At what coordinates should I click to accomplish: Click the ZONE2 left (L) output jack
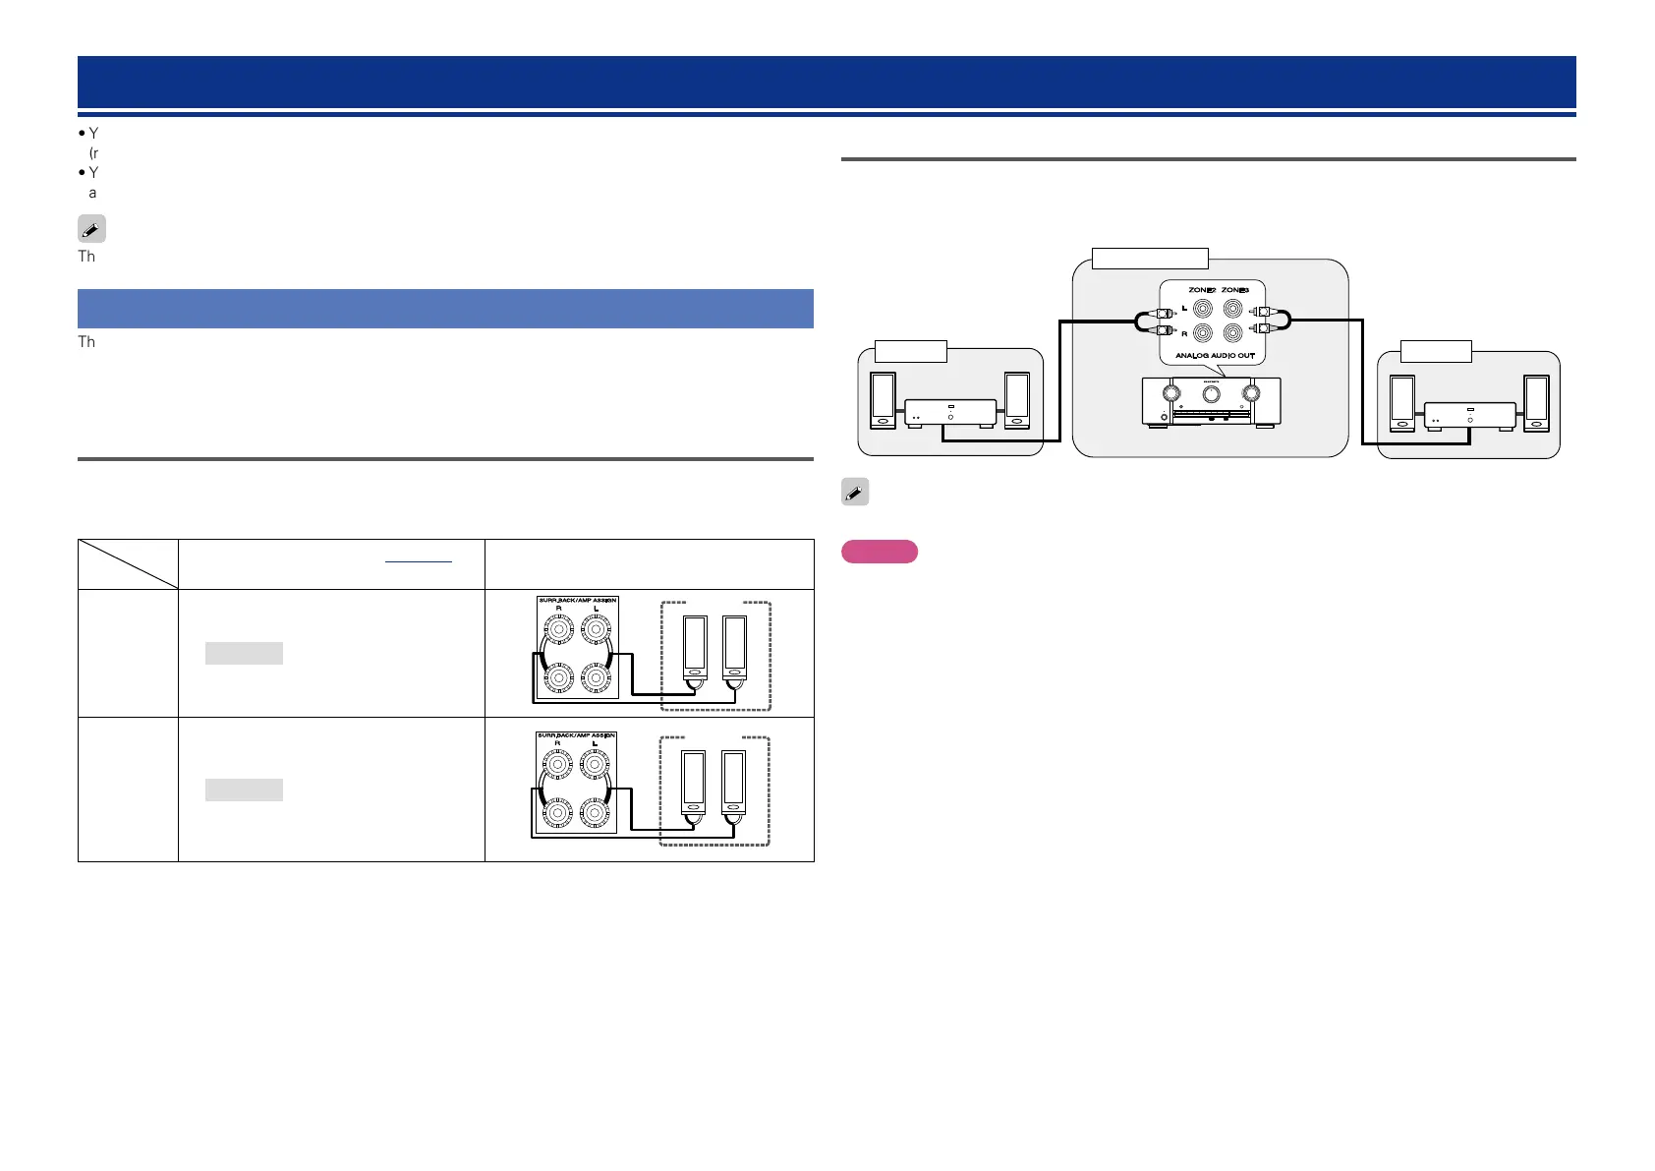click(x=1202, y=309)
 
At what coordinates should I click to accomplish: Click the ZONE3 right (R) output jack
click(x=1232, y=333)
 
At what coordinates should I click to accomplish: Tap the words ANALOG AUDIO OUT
click(x=1215, y=355)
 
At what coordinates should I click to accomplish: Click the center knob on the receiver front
click(x=1211, y=393)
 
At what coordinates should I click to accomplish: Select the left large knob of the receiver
click(x=1170, y=393)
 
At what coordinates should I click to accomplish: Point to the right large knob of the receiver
click(x=1251, y=393)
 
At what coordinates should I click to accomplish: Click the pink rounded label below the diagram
click(x=880, y=552)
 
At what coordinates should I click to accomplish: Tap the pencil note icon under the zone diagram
click(x=855, y=492)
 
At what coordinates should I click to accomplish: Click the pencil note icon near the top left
click(x=91, y=229)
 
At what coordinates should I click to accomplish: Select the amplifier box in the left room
click(x=950, y=413)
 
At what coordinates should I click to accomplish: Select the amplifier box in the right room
click(x=1470, y=416)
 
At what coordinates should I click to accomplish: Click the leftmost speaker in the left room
click(x=883, y=399)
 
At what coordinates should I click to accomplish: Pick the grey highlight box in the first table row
click(x=244, y=653)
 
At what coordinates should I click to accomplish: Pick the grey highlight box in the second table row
click(x=244, y=790)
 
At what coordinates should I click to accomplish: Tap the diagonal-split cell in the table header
click(x=128, y=564)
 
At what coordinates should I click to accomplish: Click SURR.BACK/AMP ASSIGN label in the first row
click(x=577, y=600)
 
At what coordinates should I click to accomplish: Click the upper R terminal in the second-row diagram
click(x=558, y=764)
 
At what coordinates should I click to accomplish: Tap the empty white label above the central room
click(x=1150, y=259)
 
